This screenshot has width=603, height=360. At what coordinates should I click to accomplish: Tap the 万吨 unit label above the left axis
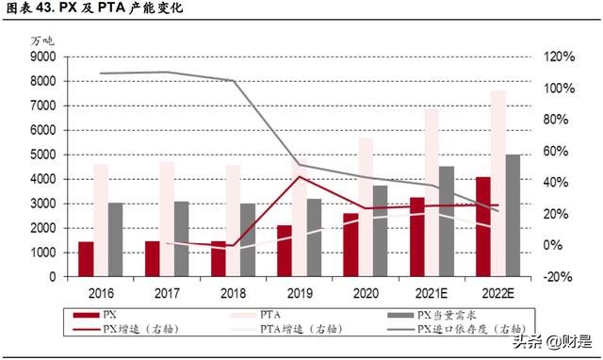pyautogui.click(x=42, y=41)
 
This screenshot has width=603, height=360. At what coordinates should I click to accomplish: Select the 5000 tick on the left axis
pyautogui.click(x=42, y=155)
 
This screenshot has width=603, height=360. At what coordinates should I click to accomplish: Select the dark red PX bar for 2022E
pyautogui.click(x=483, y=227)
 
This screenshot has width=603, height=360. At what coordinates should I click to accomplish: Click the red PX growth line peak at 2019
pyautogui.click(x=300, y=176)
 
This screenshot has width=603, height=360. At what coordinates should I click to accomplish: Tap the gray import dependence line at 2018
pyautogui.click(x=232, y=81)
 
